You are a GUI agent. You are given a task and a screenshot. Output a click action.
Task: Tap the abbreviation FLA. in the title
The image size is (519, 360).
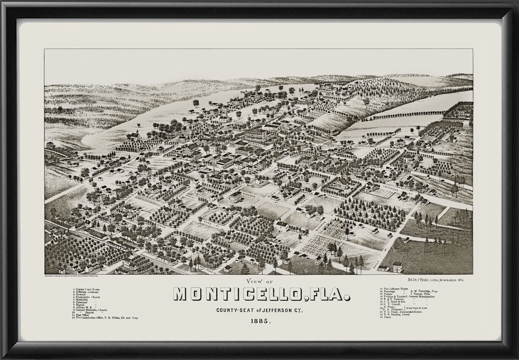(x=326, y=294)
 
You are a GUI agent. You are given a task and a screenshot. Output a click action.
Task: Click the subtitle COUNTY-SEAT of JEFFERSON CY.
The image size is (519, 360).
(x=260, y=310)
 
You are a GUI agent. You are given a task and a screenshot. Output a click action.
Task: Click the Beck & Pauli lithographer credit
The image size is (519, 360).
(x=434, y=280)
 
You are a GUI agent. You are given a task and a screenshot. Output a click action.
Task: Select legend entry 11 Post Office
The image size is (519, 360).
(x=80, y=315)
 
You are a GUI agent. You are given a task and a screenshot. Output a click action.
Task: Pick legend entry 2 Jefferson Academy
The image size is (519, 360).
(x=87, y=292)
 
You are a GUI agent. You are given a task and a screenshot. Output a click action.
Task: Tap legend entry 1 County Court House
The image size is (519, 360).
(x=87, y=289)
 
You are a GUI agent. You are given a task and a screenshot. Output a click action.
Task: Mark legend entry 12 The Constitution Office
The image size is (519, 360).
(x=106, y=318)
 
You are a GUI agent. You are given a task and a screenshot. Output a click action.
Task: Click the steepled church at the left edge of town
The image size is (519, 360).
(x=134, y=136)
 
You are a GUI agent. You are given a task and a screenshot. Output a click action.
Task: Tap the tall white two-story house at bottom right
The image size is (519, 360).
(x=397, y=267)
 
